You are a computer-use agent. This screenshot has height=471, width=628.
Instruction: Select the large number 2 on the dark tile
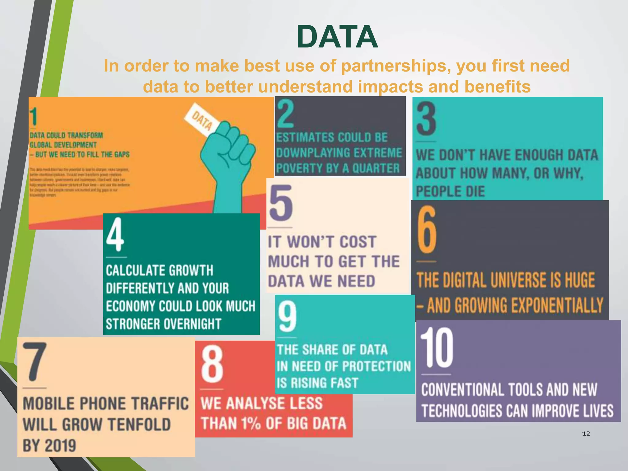pyautogui.click(x=285, y=114)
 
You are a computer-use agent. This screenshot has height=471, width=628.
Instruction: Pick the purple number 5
pyautogui.click(x=281, y=203)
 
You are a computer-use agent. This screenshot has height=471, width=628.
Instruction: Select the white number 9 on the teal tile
pyautogui.click(x=287, y=316)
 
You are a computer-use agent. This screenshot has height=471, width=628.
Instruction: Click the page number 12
pyautogui.click(x=586, y=433)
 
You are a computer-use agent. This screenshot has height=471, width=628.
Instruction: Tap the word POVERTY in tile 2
pyautogui.click(x=296, y=168)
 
